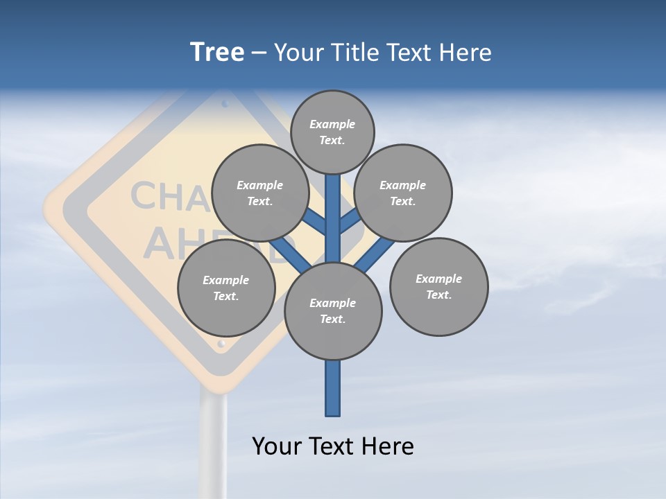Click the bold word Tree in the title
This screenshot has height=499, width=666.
coord(217,53)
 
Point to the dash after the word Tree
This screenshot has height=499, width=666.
coord(259,53)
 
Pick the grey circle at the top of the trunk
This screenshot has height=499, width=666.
coord(332,132)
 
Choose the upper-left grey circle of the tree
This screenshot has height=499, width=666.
coord(260,193)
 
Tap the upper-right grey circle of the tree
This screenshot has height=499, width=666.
coord(403,193)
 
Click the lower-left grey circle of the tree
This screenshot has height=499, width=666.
coord(226,288)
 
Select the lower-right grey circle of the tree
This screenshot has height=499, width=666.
coord(438,287)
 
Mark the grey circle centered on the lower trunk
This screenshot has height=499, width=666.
coord(333,311)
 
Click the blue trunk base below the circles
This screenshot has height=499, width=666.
coord(333,389)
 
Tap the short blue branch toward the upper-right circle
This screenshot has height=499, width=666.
coord(349,222)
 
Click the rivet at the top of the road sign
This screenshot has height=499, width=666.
coord(225,104)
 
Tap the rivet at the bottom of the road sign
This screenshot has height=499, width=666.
coord(221,343)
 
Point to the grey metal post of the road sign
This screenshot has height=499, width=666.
coord(214,444)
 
